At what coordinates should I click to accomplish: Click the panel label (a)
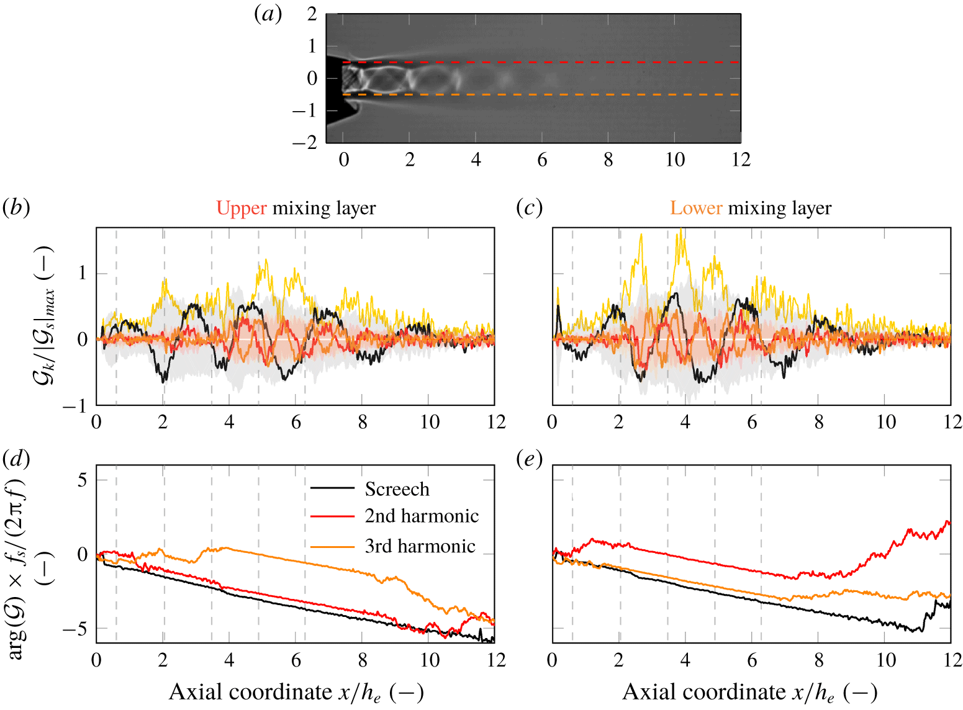(x=268, y=14)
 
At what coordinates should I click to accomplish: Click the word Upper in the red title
(x=242, y=208)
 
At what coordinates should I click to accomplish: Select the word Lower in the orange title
(x=696, y=208)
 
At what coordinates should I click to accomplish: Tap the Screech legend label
(x=397, y=489)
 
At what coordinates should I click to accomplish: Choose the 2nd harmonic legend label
(x=422, y=516)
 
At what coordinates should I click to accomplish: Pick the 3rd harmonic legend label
(x=420, y=546)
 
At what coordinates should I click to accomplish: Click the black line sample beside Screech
(x=332, y=488)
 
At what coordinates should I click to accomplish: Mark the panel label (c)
(x=530, y=208)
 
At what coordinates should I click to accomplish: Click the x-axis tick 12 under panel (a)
(x=741, y=160)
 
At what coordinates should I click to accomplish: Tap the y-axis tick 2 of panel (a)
(x=312, y=14)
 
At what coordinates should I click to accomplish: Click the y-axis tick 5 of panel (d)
(x=82, y=480)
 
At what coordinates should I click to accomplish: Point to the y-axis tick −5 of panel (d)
(x=75, y=629)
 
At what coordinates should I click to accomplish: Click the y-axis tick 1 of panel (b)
(x=82, y=273)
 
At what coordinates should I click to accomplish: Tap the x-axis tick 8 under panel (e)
(x=819, y=660)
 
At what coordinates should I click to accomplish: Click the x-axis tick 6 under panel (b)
(x=296, y=423)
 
